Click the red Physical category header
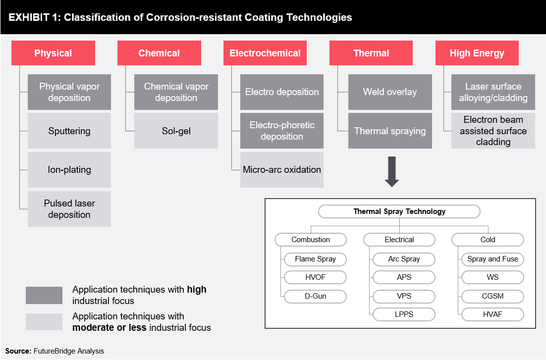coord(54,53)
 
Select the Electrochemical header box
coord(265,53)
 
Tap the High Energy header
coord(477,53)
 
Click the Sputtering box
coord(69,131)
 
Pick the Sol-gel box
coord(176,131)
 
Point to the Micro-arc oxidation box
coord(282,170)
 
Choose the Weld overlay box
coord(390,92)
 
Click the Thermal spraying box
coord(390,131)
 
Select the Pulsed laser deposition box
coord(69,209)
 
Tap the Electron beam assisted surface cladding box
coord(493,131)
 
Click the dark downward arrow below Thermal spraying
coord(392,172)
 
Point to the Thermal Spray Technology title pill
coord(399,211)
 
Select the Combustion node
coord(311,240)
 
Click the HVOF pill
coord(316,277)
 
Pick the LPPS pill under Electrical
coord(404,314)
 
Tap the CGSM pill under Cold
coord(492,296)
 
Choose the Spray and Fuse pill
coord(492,259)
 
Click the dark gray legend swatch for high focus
coord(44,295)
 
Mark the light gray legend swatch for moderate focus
coord(44,322)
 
